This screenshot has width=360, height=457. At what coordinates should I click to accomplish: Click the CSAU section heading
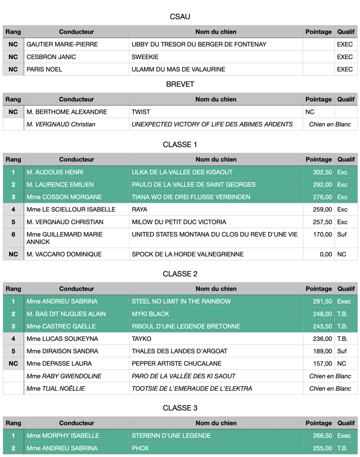pyautogui.click(x=180, y=17)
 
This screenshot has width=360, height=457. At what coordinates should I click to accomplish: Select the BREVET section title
pyautogui.click(x=180, y=84)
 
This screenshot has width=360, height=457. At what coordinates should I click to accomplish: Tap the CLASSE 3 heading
pyautogui.click(x=180, y=408)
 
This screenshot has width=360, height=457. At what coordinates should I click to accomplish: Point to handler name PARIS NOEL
pyautogui.click(x=44, y=69)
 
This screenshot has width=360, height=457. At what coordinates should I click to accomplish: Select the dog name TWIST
pyautogui.click(x=141, y=112)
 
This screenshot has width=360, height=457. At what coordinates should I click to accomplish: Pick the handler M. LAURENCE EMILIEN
pyautogui.click(x=60, y=184)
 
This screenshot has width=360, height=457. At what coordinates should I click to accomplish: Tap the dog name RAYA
pyautogui.click(x=140, y=209)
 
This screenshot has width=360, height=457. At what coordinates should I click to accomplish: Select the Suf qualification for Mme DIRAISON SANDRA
pyautogui.click(x=342, y=351)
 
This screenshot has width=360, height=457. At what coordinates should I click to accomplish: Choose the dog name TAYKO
pyautogui.click(x=141, y=339)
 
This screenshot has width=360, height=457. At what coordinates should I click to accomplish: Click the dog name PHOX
pyautogui.click(x=140, y=448)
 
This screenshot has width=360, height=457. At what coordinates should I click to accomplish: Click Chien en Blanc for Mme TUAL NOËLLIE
pyautogui.click(x=330, y=388)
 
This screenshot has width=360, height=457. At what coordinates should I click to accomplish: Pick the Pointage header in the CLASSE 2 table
pyautogui.click(x=319, y=289)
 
